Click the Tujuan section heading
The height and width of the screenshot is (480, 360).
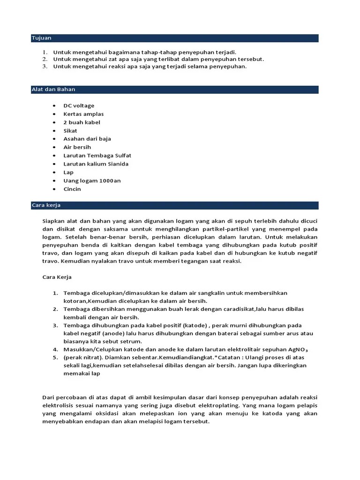[42, 38]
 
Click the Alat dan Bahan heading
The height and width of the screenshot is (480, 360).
[53, 89]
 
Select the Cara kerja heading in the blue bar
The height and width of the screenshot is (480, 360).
[46, 205]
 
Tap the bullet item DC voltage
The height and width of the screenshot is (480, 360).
[79, 106]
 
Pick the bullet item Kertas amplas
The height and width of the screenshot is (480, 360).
[83, 114]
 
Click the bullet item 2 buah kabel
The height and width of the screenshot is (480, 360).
[82, 122]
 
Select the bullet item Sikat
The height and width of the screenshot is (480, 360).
[70, 131]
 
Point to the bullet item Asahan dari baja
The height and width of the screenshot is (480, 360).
[87, 139]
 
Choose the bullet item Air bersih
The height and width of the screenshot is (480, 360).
[77, 147]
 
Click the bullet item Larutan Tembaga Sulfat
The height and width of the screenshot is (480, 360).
[97, 156]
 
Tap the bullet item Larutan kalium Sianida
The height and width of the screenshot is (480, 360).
[96, 164]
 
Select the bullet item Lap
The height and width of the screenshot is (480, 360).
[68, 172]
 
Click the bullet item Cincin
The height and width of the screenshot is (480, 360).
[72, 189]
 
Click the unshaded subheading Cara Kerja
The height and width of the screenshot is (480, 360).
[57, 277]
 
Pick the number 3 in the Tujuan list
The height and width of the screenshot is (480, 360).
[45, 67]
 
